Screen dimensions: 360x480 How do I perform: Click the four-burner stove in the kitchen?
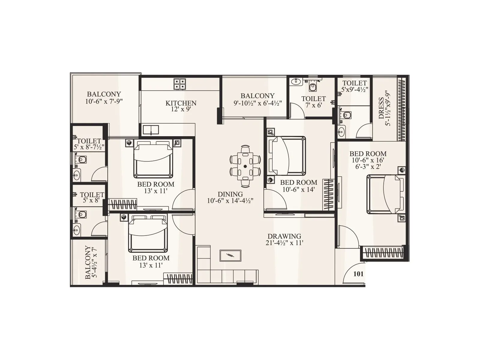coord(180,84)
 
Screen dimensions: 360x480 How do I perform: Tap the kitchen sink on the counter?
coord(151,130)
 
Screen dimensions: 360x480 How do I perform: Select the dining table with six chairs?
coord(245,166)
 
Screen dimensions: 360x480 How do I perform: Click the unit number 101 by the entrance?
coord(358,274)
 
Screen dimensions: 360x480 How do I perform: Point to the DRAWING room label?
coord(284,236)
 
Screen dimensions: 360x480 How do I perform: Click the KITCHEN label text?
coord(181,103)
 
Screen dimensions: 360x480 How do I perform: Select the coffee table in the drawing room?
coord(230,255)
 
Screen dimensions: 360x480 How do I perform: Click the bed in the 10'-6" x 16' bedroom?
coord(385,194)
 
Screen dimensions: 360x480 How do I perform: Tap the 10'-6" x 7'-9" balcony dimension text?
coord(104,101)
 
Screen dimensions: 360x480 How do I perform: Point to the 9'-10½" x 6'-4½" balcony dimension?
coord(258,103)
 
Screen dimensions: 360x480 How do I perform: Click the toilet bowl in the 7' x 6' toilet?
coord(313,87)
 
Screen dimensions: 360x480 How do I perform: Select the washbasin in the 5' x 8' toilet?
coord(76,230)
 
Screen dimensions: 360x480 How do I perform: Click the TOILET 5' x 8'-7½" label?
coord(89,144)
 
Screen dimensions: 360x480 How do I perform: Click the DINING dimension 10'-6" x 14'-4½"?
coord(230,201)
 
